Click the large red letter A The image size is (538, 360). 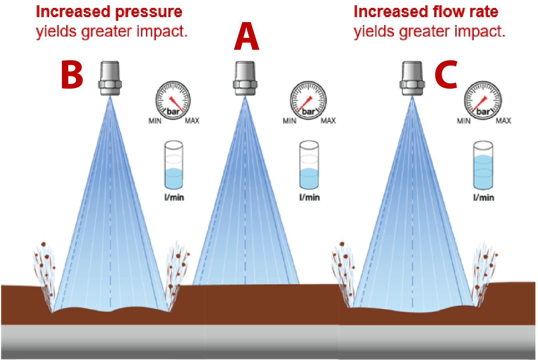[x=246, y=37]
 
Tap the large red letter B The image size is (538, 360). [x=72, y=75]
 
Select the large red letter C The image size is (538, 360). [x=446, y=75]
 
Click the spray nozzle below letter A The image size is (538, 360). [x=245, y=78]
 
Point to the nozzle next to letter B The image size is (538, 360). [x=110, y=78]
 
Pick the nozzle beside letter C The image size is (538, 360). [x=412, y=78]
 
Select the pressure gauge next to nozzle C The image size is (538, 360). [x=483, y=100]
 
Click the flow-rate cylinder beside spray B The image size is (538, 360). [x=174, y=165]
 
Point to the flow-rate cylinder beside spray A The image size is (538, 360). [x=309, y=165]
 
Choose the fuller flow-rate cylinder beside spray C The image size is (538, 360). [x=483, y=165]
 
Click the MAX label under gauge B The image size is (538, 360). [x=192, y=121]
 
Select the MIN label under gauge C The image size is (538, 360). [x=464, y=121]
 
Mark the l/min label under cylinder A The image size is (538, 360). [x=309, y=197]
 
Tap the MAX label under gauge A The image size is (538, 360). [x=328, y=121]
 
